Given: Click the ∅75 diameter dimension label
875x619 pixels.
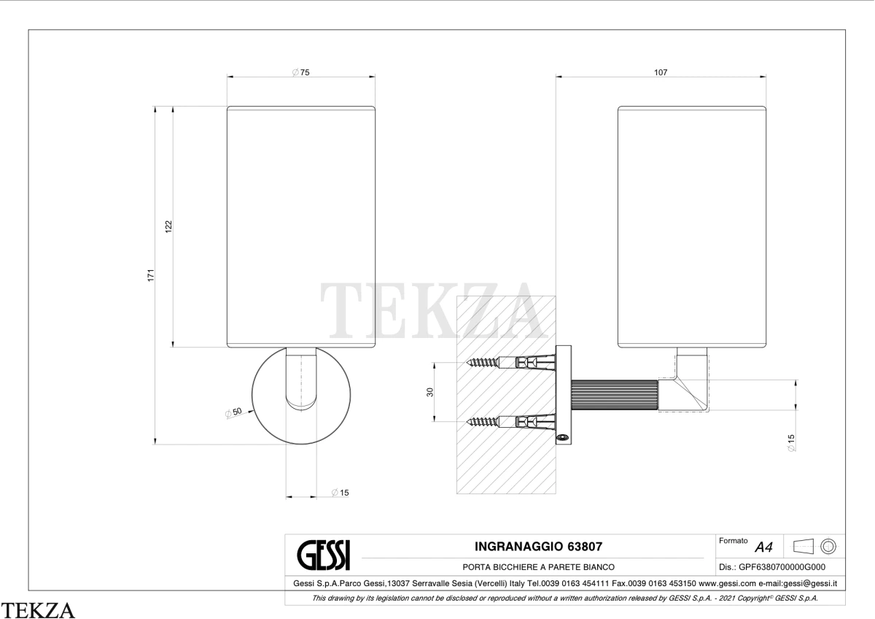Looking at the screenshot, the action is (x=300, y=72).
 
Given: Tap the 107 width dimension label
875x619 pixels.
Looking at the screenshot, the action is (x=661, y=72).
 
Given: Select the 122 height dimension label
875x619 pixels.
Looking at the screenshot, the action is (x=168, y=227).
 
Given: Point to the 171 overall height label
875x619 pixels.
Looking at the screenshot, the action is (x=151, y=275).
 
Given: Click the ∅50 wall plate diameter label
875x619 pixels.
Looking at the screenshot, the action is (x=233, y=412).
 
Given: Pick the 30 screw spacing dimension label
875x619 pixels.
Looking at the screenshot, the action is (x=429, y=392).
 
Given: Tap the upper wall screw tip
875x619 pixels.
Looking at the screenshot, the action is (x=467, y=363).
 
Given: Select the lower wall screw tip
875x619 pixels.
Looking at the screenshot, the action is (x=467, y=421).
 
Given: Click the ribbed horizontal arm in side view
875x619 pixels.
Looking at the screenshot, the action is (x=615, y=395).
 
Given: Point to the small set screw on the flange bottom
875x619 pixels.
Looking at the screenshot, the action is (x=562, y=437).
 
